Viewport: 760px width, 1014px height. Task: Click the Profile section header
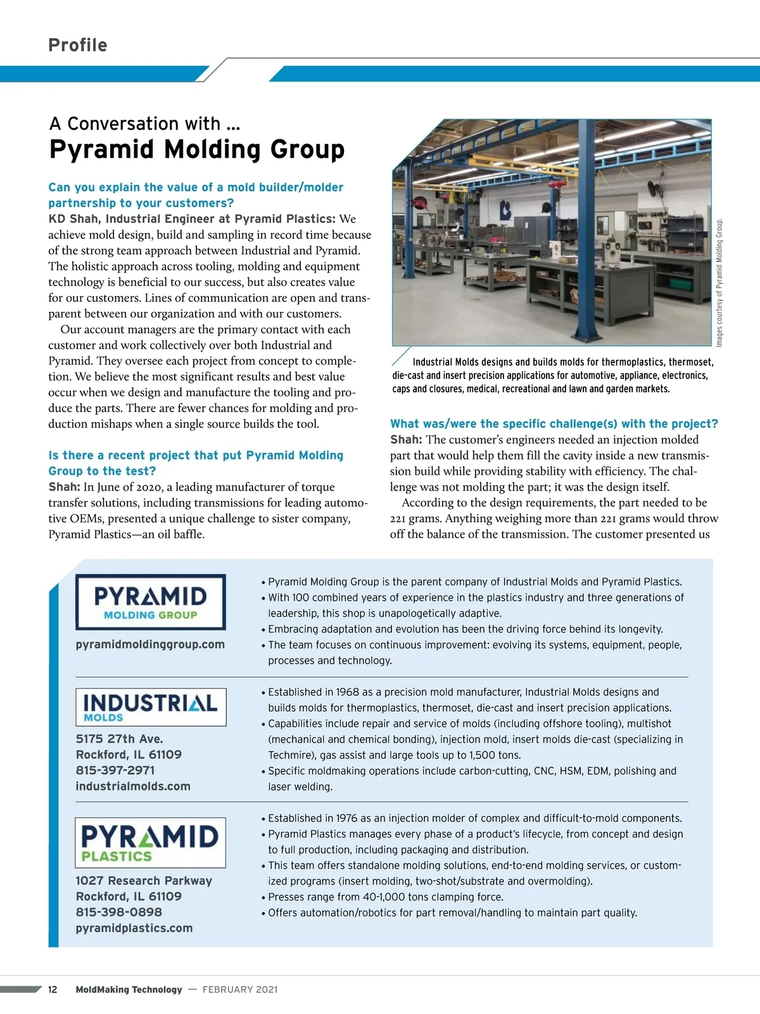(78, 45)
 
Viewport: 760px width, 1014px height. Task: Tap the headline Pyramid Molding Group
(197, 150)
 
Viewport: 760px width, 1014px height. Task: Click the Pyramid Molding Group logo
(151, 601)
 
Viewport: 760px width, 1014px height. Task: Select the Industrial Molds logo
(151, 707)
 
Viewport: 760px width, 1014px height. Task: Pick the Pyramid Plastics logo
(150, 842)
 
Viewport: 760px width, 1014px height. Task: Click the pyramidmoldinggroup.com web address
(150, 645)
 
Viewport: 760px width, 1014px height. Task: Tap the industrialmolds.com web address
(133, 786)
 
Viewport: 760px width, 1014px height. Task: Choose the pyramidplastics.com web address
(134, 928)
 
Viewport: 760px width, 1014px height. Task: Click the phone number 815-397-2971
(115, 771)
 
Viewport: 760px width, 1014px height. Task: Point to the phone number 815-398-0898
(118, 913)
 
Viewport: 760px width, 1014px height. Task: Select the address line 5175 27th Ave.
(120, 739)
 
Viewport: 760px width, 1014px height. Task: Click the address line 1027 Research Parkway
(144, 881)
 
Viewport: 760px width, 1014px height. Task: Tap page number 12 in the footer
(53, 990)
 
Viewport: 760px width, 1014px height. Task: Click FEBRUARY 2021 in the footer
(240, 990)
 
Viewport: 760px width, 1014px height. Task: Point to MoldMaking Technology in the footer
(129, 990)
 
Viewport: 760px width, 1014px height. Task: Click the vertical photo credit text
(719, 283)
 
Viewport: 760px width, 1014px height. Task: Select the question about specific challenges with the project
(554, 424)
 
